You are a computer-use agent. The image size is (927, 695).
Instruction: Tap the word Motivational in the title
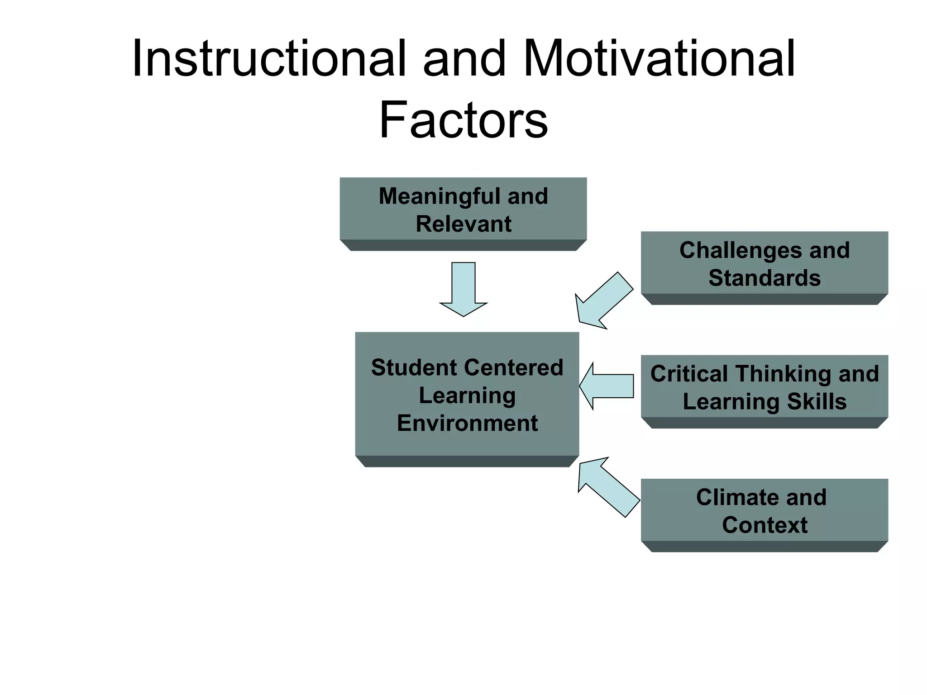pyautogui.click(x=659, y=59)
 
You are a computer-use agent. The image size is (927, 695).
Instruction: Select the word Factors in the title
pyautogui.click(x=463, y=120)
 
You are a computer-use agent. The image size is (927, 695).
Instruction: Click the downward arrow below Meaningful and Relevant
pyautogui.click(x=463, y=290)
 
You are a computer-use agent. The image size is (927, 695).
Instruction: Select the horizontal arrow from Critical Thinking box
pyautogui.click(x=607, y=386)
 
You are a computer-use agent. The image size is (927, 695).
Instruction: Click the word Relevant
pyautogui.click(x=463, y=224)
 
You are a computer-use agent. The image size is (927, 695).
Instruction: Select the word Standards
pyautogui.click(x=765, y=278)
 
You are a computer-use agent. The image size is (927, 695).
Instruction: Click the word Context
pyautogui.click(x=765, y=525)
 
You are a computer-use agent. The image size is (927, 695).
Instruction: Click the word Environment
pyautogui.click(x=467, y=424)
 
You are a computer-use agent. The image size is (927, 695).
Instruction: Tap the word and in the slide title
pyautogui.click(x=463, y=59)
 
